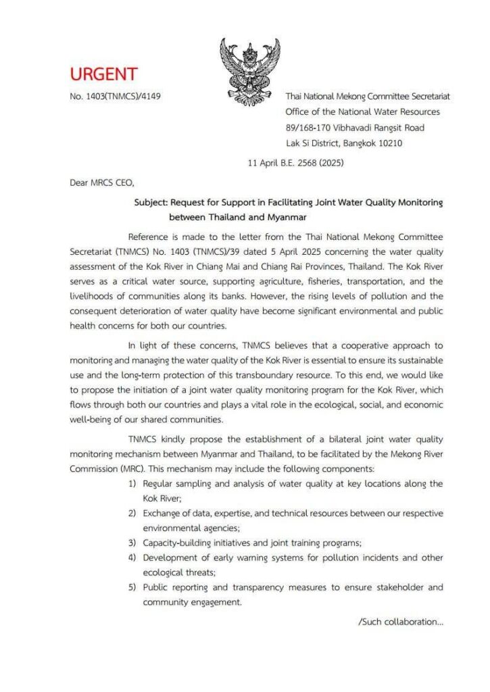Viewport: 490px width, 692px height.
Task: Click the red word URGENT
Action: pyautogui.click(x=103, y=74)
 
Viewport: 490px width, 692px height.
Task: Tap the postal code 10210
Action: pyautogui.click(x=388, y=143)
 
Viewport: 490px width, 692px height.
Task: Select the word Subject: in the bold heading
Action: pyautogui.click(x=151, y=201)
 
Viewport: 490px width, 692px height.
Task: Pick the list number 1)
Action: pyautogui.click(x=134, y=484)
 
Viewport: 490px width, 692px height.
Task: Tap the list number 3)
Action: pyautogui.click(x=134, y=543)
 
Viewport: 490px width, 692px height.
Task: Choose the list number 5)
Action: pyautogui.click(x=134, y=587)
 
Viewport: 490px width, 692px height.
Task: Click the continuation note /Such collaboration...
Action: pyautogui.click(x=400, y=622)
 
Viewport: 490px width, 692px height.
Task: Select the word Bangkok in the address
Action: pyautogui.click(x=363, y=143)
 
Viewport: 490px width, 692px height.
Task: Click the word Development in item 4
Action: pyautogui.click(x=170, y=558)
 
